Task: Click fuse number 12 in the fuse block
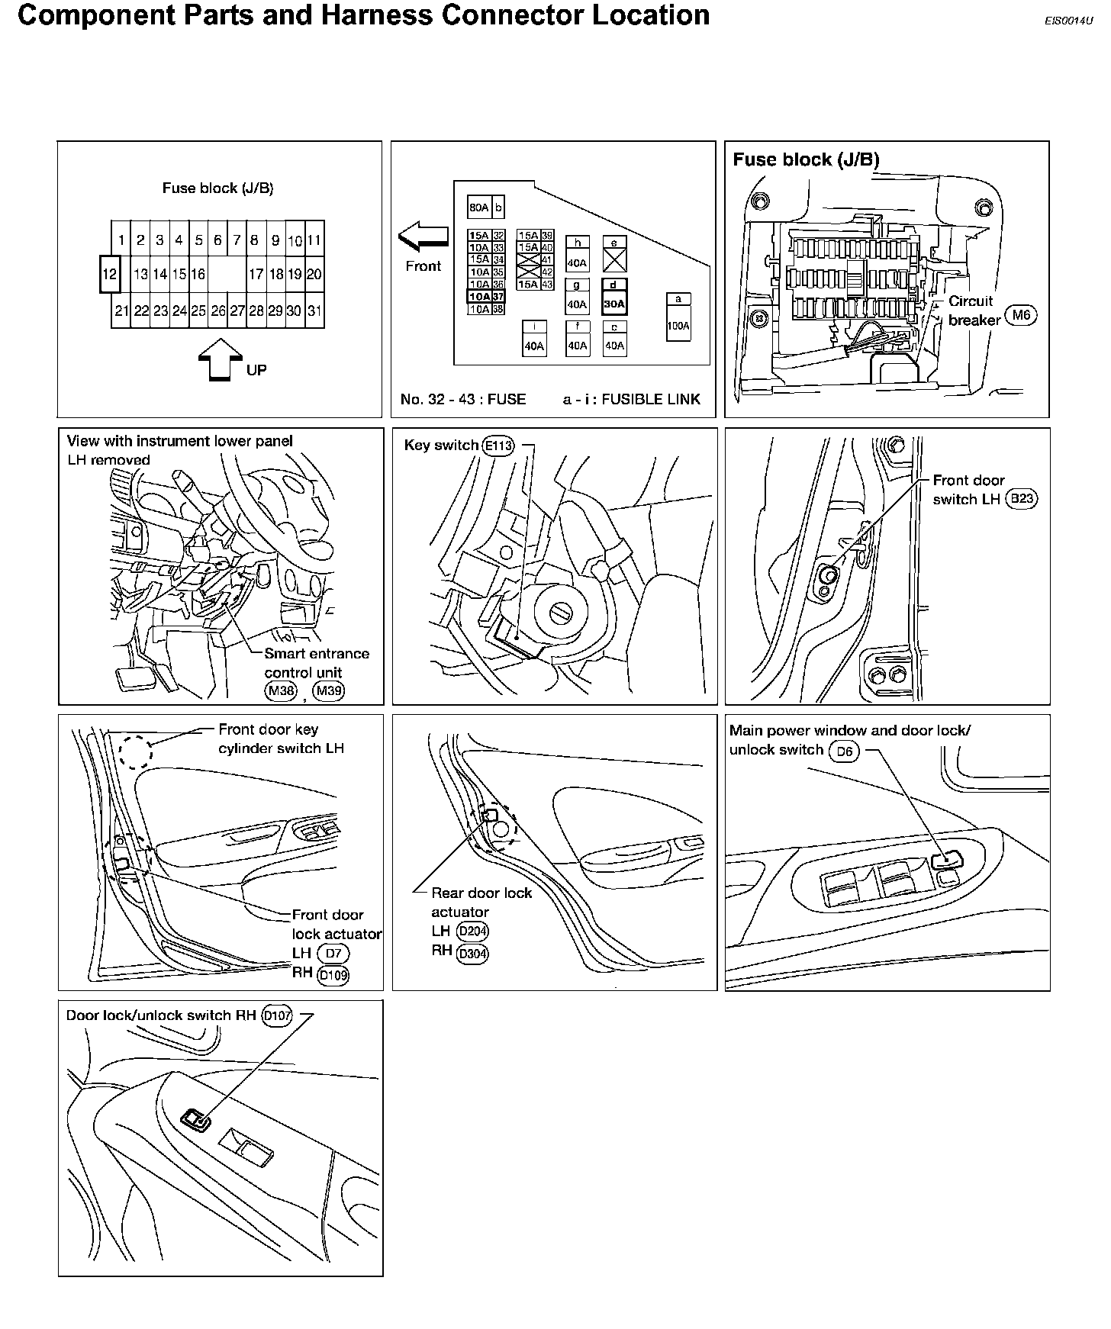point(110,274)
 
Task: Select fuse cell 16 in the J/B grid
point(198,274)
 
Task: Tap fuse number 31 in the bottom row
point(314,311)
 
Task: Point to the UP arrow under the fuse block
point(219,359)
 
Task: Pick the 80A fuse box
point(479,208)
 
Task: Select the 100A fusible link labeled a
point(678,325)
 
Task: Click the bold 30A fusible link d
point(613,303)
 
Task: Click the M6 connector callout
point(1021,315)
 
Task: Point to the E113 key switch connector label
point(498,446)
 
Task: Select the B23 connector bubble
point(1021,499)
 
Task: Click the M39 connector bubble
point(329,691)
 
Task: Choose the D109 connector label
point(333,974)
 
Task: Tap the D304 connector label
point(472,953)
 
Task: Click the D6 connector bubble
point(844,751)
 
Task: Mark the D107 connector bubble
point(276,1016)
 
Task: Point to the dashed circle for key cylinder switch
point(136,751)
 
